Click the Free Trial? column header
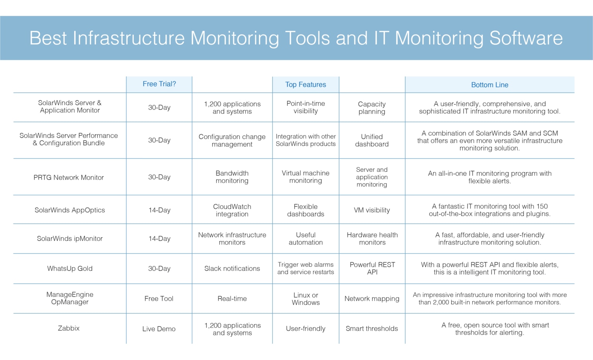(159, 84)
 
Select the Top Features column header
(305, 85)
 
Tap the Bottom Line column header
(490, 85)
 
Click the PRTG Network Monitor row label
(69, 177)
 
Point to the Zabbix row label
(69, 328)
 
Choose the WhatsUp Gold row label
(70, 269)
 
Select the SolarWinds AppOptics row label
(70, 210)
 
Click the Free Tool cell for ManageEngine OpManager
(159, 299)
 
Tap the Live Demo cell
(159, 329)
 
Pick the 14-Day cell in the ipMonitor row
(159, 239)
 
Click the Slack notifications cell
(232, 269)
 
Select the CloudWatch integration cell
(232, 210)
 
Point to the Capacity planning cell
(372, 108)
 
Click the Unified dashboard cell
(372, 140)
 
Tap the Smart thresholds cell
(372, 329)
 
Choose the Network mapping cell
(372, 299)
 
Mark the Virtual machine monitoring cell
(305, 177)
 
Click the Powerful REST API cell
(372, 268)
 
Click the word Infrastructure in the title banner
(129, 38)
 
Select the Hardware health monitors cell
(372, 238)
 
